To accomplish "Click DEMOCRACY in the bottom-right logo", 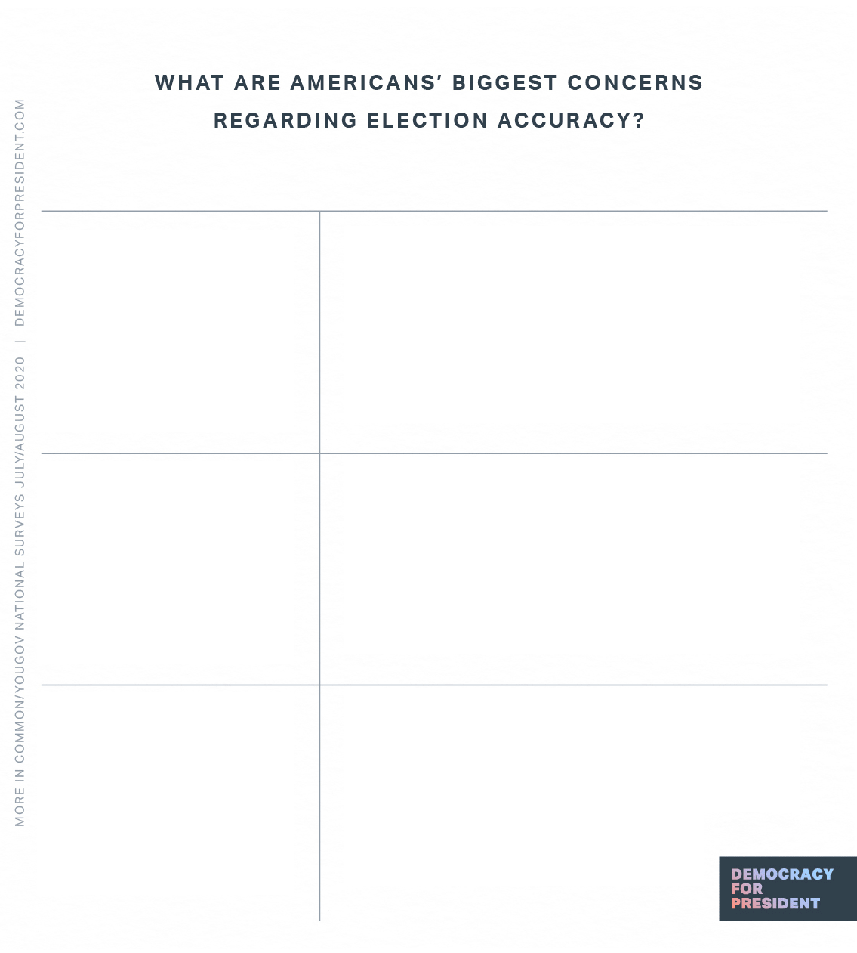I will click(782, 874).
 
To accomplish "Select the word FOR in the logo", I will click(747, 889).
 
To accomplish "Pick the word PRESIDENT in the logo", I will click(775, 903).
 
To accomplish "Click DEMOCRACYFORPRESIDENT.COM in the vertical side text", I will click(20, 212).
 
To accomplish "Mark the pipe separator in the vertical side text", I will click(20, 341).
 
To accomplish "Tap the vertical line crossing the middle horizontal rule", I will click(319, 453).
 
